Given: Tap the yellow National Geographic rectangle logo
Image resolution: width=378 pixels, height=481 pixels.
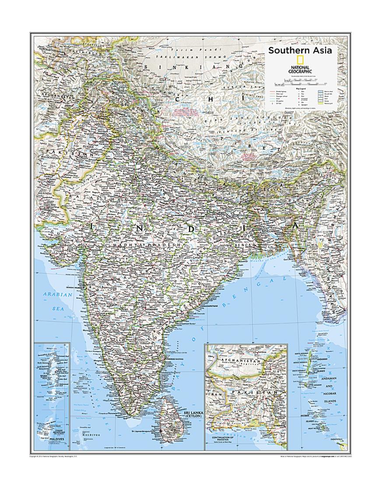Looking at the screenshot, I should (x=300, y=61).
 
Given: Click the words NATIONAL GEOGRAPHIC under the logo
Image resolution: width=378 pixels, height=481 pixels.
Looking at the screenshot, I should (x=300, y=69).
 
